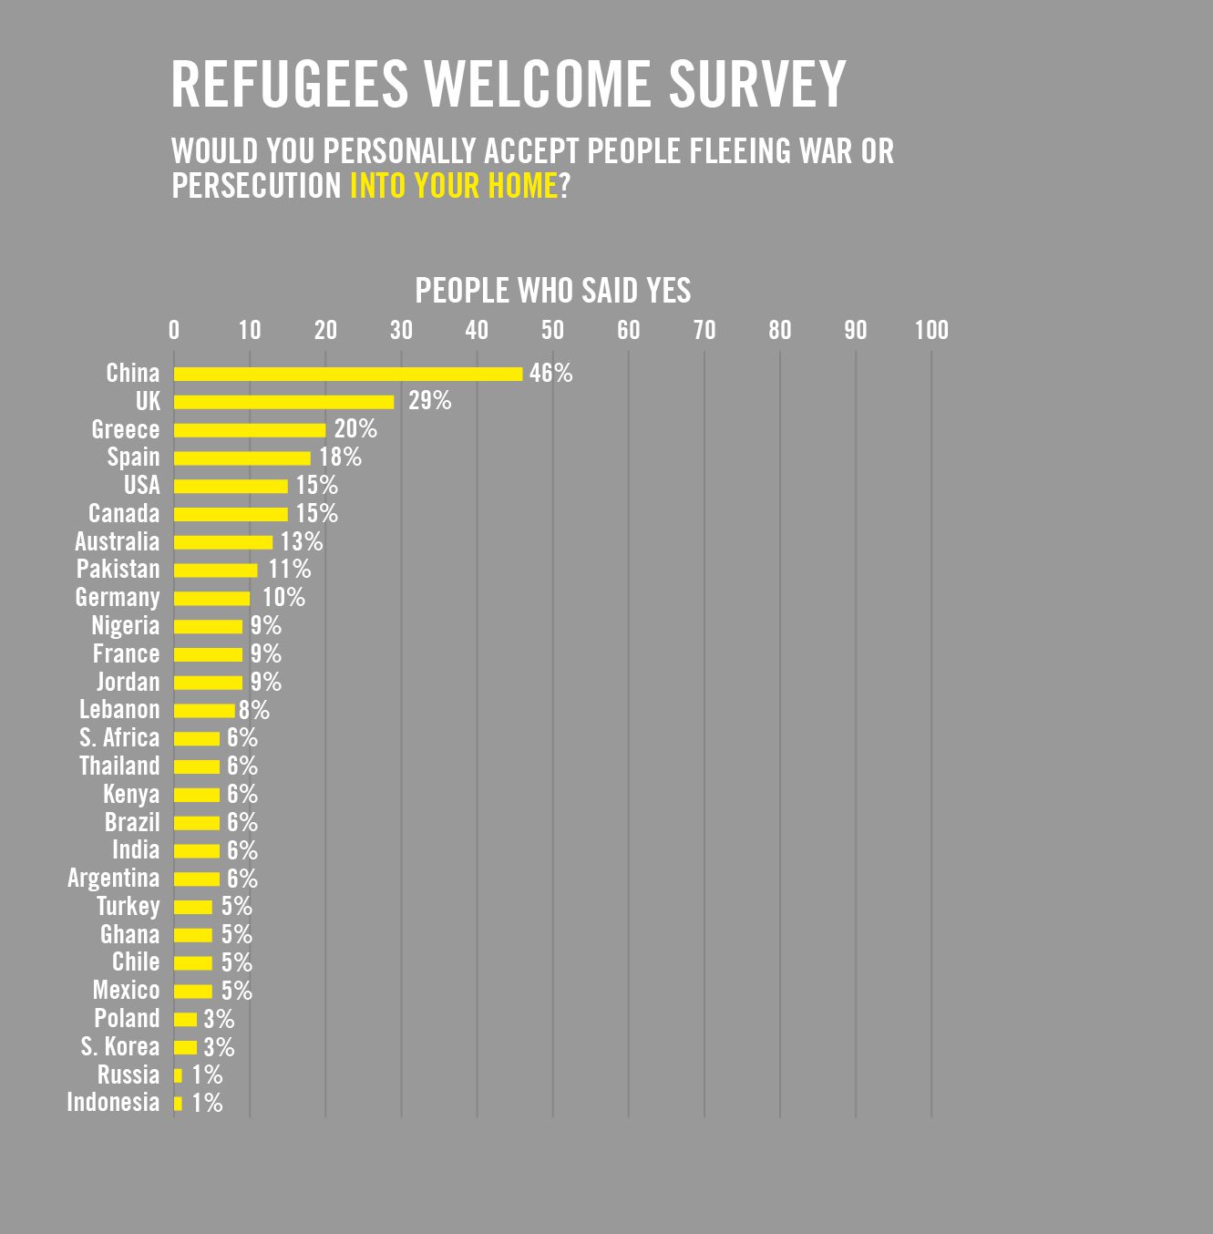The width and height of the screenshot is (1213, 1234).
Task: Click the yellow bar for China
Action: tap(348, 374)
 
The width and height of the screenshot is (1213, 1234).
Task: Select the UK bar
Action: tap(283, 402)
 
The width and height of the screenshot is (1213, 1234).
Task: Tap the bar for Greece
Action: tap(250, 430)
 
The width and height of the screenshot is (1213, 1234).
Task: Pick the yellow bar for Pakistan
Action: tap(216, 571)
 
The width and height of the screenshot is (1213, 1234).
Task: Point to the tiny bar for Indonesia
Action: tap(178, 1104)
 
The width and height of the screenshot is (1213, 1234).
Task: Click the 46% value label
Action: tap(550, 374)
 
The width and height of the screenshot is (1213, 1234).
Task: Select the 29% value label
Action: tap(429, 401)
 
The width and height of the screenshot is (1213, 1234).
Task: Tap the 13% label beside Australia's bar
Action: tap(301, 542)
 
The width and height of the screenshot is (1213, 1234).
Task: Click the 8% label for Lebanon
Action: tap(254, 710)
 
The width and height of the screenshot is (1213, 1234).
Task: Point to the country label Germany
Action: tap(118, 598)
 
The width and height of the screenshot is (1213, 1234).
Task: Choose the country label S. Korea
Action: tap(119, 1047)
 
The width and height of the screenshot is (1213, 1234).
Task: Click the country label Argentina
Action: tap(114, 879)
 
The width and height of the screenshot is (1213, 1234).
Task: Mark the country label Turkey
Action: tap(128, 907)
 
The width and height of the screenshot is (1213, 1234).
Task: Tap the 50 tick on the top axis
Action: tap(552, 330)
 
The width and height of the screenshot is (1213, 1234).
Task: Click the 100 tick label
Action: tap(931, 330)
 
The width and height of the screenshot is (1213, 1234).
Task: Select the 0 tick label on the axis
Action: tap(174, 330)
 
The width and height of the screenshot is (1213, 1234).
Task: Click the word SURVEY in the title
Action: tap(757, 85)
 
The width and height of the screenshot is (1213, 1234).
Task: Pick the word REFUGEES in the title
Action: tap(290, 85)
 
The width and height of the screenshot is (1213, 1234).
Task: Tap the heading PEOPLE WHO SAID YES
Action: tap(552, 291)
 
